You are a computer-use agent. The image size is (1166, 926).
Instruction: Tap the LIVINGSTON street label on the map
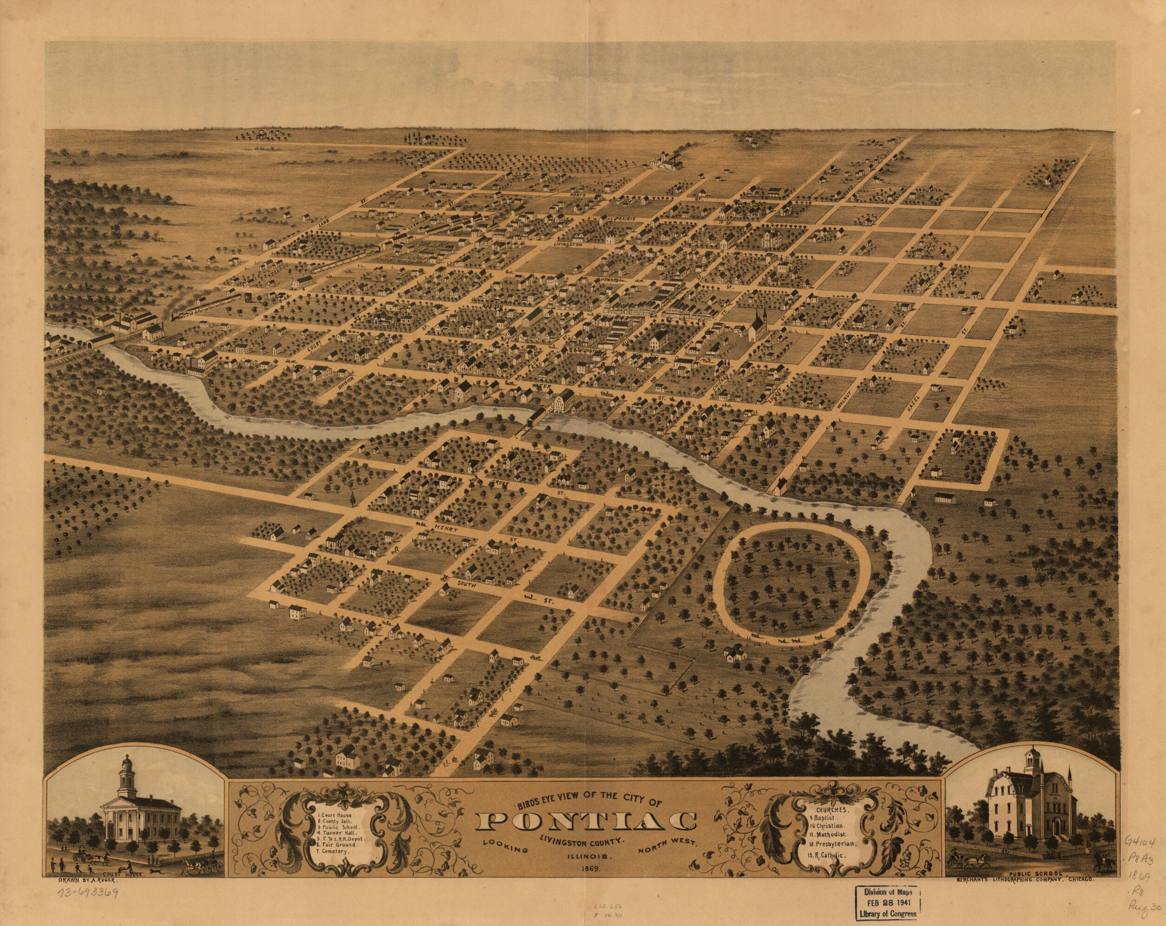[x=567, y=245]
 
